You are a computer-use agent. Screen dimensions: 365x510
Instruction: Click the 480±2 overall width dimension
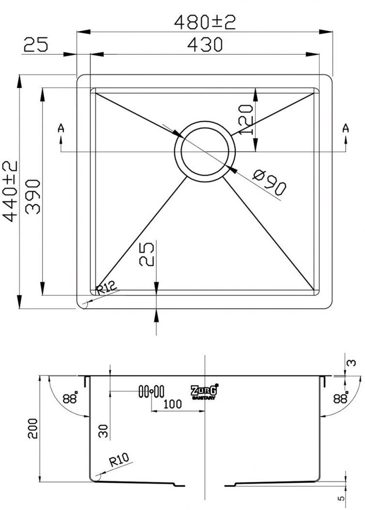coord(205,22)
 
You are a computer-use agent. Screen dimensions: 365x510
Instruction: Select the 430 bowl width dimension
coord(205,45)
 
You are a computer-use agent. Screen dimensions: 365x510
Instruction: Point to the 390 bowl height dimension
coord(33,197)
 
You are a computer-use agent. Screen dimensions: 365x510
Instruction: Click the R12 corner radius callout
coord(106,287)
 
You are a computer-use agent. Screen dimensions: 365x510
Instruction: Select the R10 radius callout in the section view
coord(119,460)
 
